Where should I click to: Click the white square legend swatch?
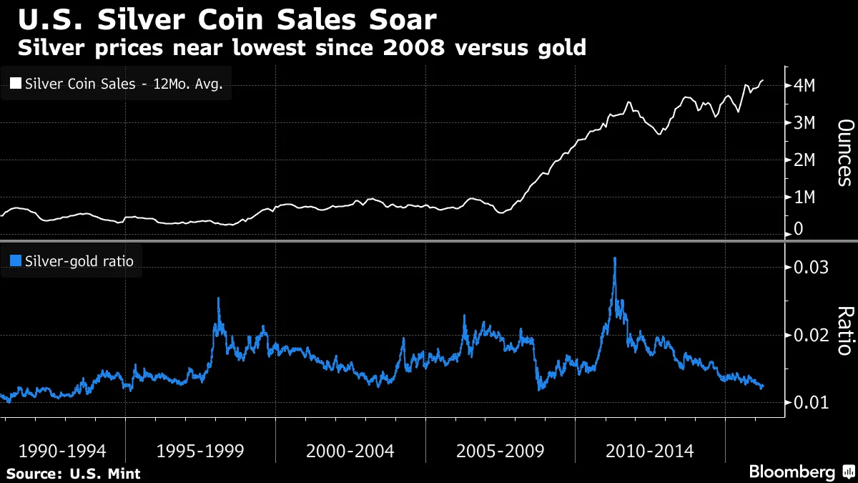point(16,84)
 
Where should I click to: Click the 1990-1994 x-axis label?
point(62,451)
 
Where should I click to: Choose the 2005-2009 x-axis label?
point(500,451)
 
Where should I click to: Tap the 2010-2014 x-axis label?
point(649,451)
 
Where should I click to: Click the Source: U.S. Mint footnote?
point(73,474)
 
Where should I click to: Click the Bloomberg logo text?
point(792,472)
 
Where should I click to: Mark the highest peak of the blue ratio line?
point(614,259)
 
